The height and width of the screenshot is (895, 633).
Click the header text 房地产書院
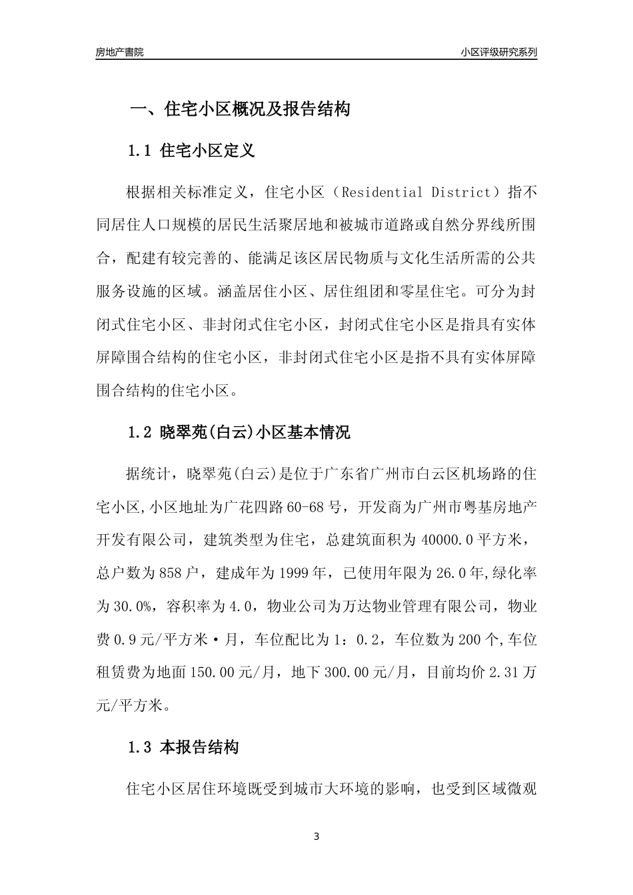tap(119, 53)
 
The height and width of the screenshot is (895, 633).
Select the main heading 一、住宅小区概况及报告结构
tap(239, 109)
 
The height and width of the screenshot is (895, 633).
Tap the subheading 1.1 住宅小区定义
tap(191, 150)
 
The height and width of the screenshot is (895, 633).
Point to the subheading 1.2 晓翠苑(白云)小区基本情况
tap(239, 433)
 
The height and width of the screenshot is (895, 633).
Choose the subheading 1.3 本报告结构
tap(183, 748)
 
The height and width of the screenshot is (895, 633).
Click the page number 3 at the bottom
tap(316, 836)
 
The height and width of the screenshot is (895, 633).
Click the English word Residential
tap(380, 193)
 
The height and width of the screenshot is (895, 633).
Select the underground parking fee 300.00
tap(346, 673)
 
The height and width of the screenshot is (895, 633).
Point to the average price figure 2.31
tap(504, 673)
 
